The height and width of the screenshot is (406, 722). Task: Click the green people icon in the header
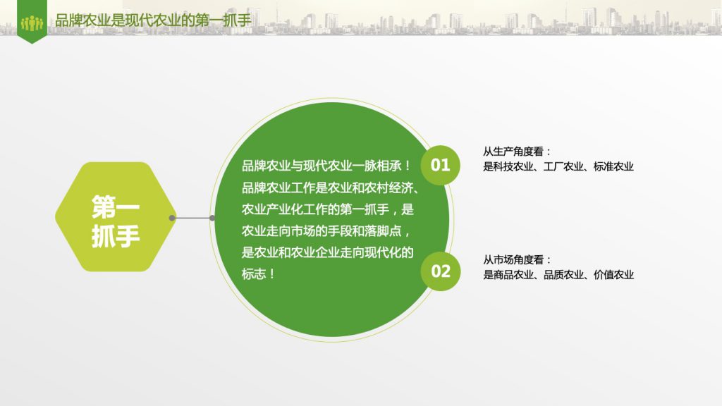(32, 23)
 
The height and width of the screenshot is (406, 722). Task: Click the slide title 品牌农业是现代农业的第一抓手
(153, 20)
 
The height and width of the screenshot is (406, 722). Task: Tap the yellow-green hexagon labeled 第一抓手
(115, 217)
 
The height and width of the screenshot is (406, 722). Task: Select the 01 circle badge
(440, 165)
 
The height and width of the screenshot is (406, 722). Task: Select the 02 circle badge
(440, 271)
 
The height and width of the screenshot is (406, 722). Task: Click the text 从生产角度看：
(517, 152)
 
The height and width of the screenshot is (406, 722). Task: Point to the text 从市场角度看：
(517, 259)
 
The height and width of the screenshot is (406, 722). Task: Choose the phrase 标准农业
(613, 166)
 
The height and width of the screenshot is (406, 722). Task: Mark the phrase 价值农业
(613, 275)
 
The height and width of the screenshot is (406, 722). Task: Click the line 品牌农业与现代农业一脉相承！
(326, 166)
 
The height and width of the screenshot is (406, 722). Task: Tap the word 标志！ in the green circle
(258, 274)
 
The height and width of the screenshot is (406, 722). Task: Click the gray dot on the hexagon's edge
(172, 218)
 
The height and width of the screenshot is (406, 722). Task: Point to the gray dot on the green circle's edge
(212, 218)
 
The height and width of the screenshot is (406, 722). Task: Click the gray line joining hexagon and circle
(192, 218)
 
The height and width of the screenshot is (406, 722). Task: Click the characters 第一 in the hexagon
(115, 207)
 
